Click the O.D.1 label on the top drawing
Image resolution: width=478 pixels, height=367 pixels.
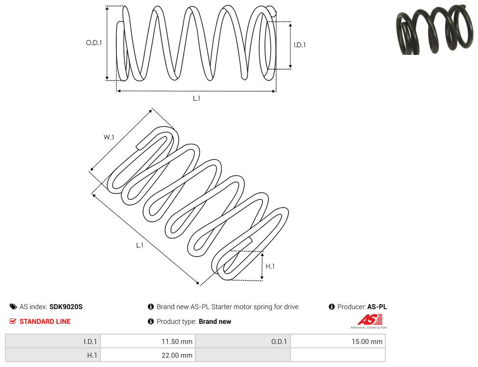(x=94, y=43)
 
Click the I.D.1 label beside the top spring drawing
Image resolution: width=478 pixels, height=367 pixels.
(x=300, y=45)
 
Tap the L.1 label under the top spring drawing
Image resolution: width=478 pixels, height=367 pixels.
(x=196, y=98)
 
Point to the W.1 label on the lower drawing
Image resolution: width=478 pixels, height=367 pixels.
(x=109, y=137)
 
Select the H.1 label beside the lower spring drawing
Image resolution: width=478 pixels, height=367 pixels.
(x=270, y=266)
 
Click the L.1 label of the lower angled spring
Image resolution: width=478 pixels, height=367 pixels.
(x=140, y=245)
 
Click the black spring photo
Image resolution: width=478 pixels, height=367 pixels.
(x=435, y=29)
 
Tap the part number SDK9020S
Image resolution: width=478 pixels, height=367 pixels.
(x=66, y=307)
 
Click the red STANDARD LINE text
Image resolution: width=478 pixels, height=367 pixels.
(x=45, y=321)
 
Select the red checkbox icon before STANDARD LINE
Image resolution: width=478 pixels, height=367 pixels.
(x=13, y=321)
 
